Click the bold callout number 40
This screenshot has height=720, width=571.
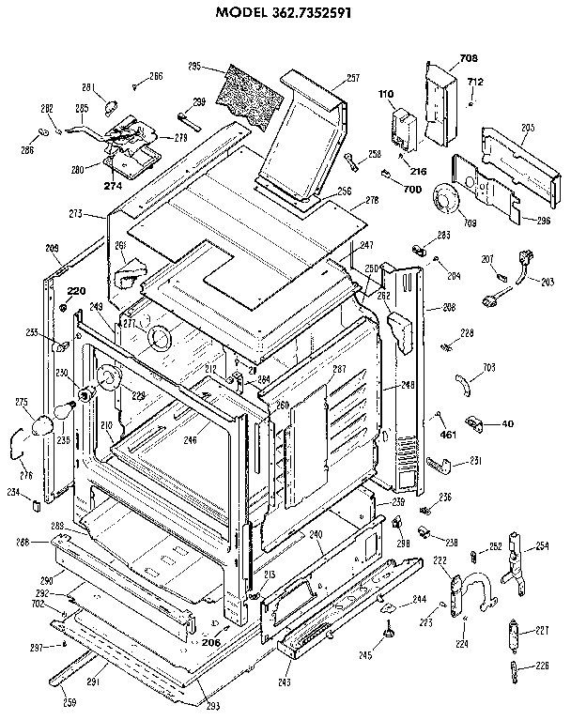tap(508, 423)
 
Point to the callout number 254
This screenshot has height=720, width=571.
tap(543, 546)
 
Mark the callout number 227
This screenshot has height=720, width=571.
tap(543, 631)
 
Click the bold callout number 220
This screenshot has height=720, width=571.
tap(75, 290)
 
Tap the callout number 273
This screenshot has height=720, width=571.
tap(76, 214)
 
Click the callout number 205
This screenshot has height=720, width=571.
tap(528, 127)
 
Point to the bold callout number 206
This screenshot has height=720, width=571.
tap(210, 642)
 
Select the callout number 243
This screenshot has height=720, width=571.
tap(284, 682)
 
